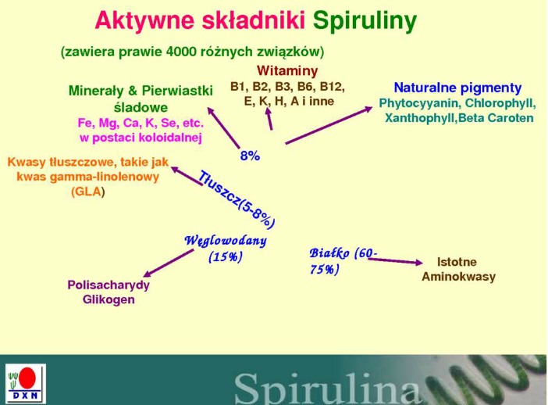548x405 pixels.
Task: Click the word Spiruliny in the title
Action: [x=365, y=21]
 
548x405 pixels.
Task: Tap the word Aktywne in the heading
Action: [x=144, y=20]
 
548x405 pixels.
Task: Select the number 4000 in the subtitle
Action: [x=180, y=52]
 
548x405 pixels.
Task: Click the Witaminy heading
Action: [x=287, y=70]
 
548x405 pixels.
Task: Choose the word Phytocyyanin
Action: [x=419, y=104]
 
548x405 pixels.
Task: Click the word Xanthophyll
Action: [x=420, y=118]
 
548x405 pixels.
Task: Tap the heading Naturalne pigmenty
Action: [x=457, y=88]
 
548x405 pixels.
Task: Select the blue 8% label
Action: [x=250, y=156]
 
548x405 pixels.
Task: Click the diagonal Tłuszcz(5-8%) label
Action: [x=237, y=199]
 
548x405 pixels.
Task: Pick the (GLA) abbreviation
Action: [x=87, y=192]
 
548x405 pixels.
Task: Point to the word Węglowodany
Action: [x=226, y=241]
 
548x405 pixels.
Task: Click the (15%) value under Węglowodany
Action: [x=225, y=257]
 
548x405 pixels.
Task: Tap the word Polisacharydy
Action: [x=109, y=285]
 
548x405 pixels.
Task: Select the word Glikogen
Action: [x=109, y=299]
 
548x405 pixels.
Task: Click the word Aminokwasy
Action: [x=458, y=277]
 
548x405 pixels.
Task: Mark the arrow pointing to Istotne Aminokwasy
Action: [x=395, y=261]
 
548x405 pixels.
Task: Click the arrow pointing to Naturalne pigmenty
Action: [x=329, y=125]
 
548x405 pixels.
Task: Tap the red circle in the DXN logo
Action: [x=27, y=378]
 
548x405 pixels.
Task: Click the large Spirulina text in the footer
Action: [x=328, y=389]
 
